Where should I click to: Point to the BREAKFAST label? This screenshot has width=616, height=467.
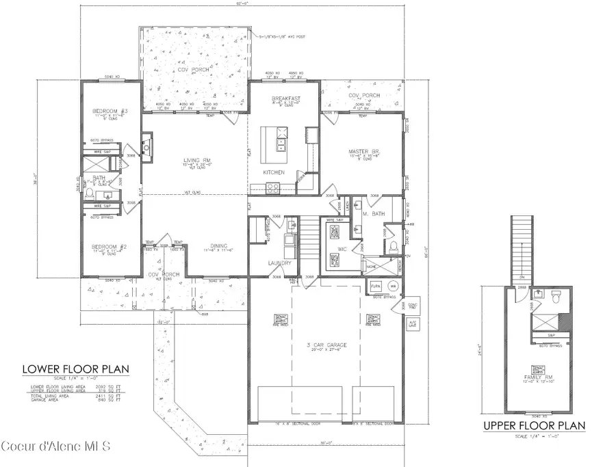tap(286, 99)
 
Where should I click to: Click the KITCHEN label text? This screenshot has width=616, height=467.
tap(274, 172)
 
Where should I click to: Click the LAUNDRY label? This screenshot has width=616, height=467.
tap(280, 263)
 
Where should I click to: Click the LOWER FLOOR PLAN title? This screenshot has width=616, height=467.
tap(76, 370)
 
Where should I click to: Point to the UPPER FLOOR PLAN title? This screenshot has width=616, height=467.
tap(535, 425)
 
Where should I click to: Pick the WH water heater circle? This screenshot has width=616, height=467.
tap(393, 285)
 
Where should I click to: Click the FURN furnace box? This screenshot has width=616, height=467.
tap(375, 285)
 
